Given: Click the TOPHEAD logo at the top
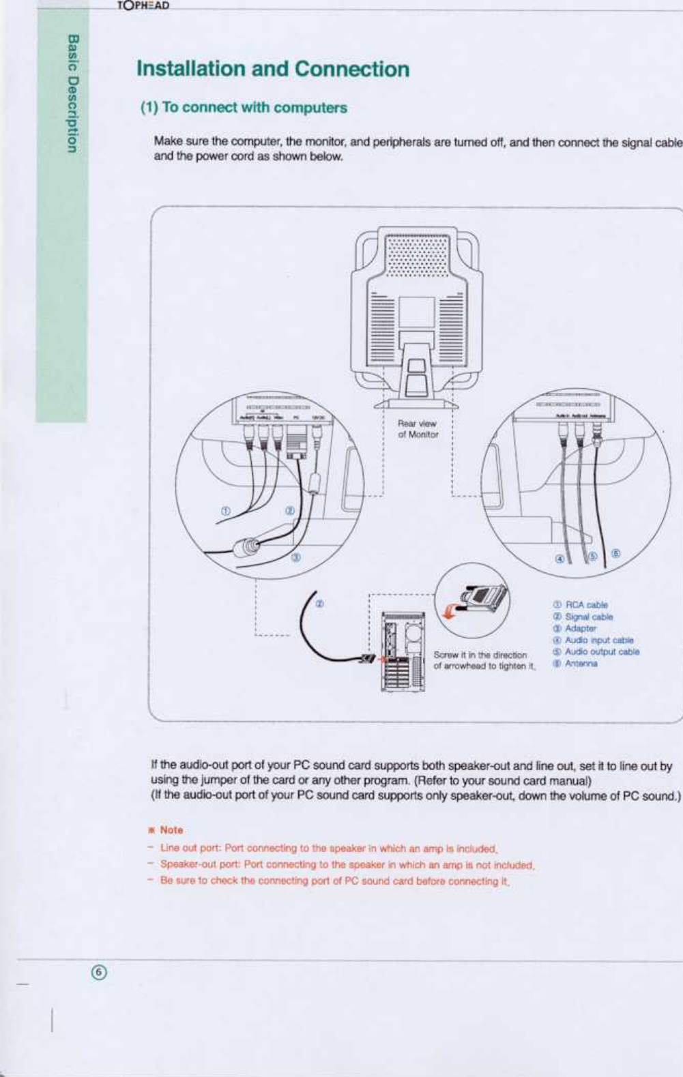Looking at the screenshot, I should (x=143, y=5).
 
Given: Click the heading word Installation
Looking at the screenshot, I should (x=190, y=69).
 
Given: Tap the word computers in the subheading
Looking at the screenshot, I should (x=314, y=108).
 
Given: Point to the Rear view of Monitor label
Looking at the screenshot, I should (x=418, y=428).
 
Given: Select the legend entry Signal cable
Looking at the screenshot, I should (x=583, y=617).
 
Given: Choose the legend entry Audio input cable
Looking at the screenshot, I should (x=593, y=640).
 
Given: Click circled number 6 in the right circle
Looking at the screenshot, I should (x=615, y=553).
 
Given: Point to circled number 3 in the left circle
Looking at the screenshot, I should (x=295, y=558).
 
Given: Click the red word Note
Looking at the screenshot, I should (x=171, y=829).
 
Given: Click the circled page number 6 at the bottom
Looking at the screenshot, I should (x=100, y=972).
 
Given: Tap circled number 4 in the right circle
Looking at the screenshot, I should (x=560, y=559).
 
